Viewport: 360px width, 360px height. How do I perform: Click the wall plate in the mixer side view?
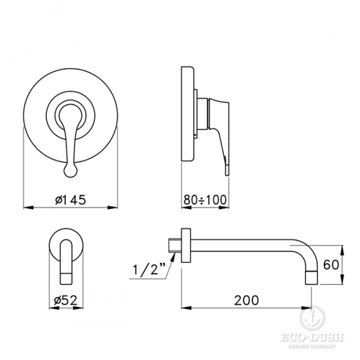click(188, 114)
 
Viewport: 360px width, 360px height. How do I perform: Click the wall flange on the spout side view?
click(186, 247)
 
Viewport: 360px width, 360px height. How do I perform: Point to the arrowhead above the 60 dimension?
click(342, 250)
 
